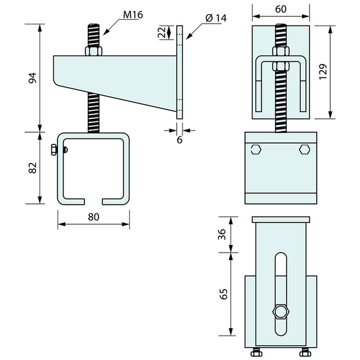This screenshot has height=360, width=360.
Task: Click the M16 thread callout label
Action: point(133,15)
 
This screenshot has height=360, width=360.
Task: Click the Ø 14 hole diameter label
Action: point(216,18)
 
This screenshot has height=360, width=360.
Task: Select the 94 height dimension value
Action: point(32,78)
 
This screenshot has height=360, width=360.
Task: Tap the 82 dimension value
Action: point(32,168)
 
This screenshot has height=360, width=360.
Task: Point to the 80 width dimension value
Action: point(94,217)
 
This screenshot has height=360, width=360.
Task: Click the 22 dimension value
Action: point(162,32)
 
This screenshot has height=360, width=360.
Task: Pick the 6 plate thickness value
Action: point(180,140)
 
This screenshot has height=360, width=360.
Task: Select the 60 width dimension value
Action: point(281,9)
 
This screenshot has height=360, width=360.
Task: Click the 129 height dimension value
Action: point(323,72)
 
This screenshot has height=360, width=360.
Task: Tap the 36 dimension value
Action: point(222,234)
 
